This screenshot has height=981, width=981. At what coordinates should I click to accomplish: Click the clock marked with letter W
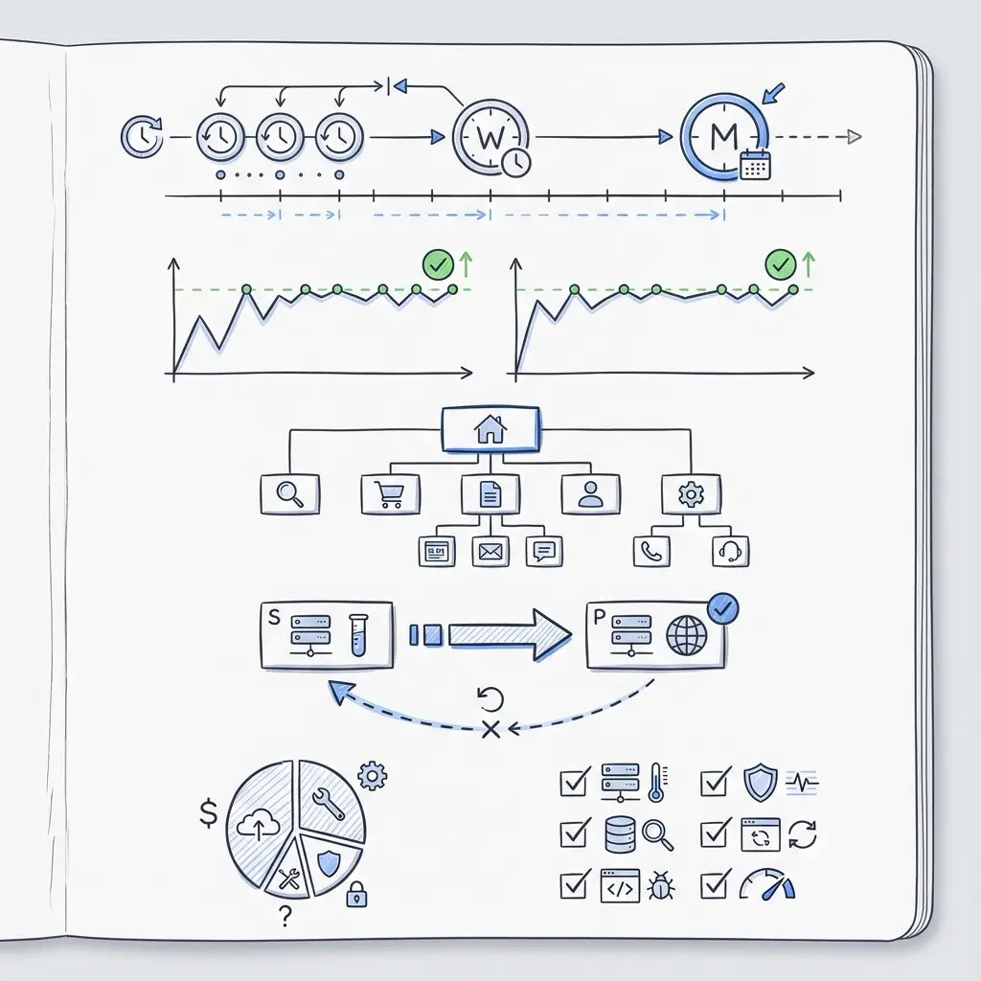[490, 136]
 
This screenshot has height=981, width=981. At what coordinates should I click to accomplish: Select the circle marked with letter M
[724, 136]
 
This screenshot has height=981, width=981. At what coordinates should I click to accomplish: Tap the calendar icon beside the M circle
[755, 165]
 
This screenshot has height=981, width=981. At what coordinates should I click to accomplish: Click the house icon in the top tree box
[490, 429]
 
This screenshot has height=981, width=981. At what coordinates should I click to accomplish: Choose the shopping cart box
[391, 494]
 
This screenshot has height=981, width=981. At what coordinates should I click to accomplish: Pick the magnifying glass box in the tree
[289, 494]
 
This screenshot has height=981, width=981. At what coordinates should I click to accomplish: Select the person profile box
[590, 494]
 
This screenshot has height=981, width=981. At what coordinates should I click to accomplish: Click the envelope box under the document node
[490, 551]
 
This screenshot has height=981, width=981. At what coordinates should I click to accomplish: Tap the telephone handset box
[651, 551]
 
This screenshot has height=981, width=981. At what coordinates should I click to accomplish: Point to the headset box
[730, 551]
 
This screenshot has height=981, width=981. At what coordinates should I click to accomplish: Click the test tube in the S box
[358, 635]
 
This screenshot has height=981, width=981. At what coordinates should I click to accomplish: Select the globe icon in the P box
[686, 636]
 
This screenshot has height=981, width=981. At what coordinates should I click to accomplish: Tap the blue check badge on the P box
[722, 608]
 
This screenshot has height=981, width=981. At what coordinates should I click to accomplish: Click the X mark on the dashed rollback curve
[491, 729]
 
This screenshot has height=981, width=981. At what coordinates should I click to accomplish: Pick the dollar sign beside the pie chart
[208, 813]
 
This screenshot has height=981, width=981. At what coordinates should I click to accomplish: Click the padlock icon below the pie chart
[356, 895]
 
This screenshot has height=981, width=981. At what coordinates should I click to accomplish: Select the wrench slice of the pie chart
[330, 801]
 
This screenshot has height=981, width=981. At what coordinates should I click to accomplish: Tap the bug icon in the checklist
[661, 886]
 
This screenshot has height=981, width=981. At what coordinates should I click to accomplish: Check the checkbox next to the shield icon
[715, 782]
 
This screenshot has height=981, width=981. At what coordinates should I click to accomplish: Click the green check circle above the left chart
[438, 264]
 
